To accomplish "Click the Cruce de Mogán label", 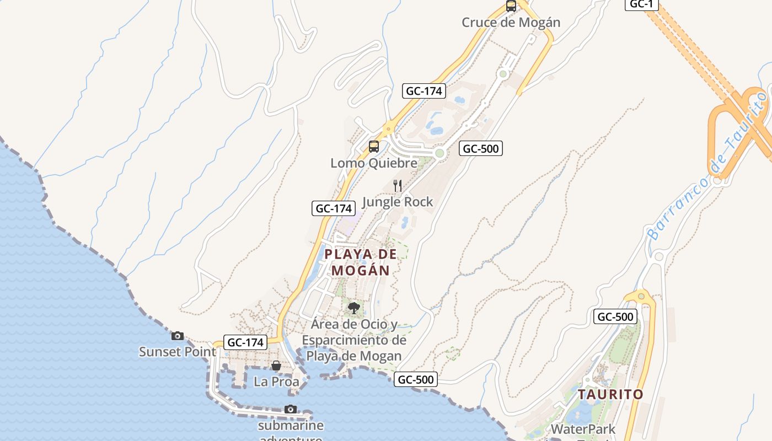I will (x=511, y=23).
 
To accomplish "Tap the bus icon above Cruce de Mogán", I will (x=511, y=7).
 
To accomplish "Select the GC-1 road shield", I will (x=641, y=4).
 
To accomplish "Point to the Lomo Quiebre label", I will (x=374, y=163).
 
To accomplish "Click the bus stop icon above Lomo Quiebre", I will (x=374, y=147).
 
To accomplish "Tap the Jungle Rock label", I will (x=398, y=202).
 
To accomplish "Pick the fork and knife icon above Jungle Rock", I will (x=398, y=186).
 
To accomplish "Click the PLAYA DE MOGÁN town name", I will (x=361, y=262).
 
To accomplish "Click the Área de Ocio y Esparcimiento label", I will (x=354, y=340).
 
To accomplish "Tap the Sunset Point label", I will (x=178, y=352).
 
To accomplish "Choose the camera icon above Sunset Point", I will (x=178, y=336).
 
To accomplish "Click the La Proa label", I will (x=276, y=381).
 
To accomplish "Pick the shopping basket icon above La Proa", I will (x=276, y=365).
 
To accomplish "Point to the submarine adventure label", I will (x=291, y=426).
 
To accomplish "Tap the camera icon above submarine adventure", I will (x=291, y=409).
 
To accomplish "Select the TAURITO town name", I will (x=610, y=395).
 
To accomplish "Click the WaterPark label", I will (x=583, y=429).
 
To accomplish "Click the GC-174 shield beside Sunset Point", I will (x=246, y=342).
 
